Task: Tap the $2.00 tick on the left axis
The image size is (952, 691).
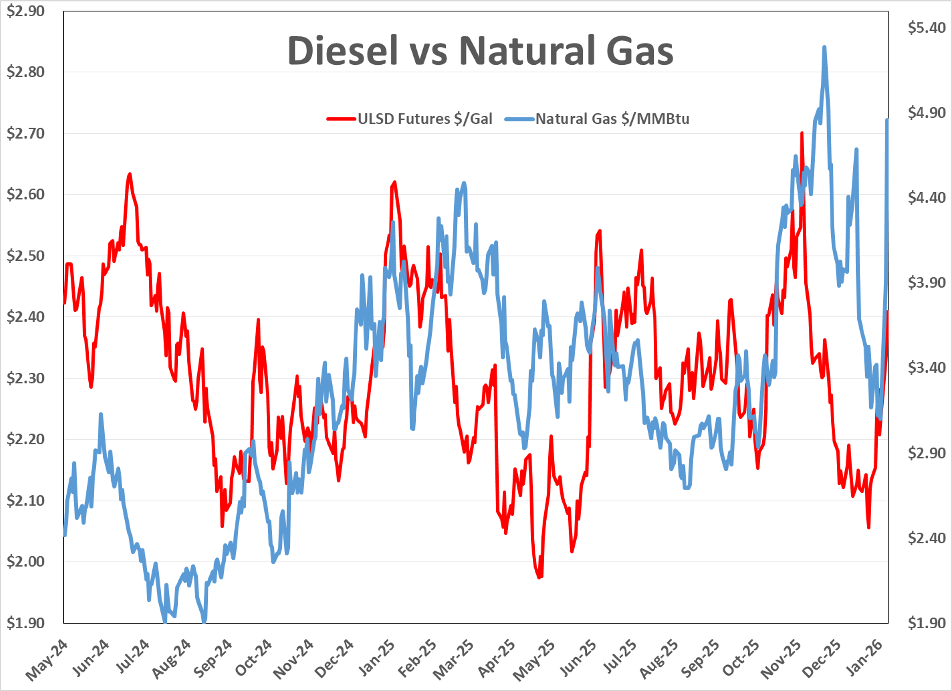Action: pos(25,562)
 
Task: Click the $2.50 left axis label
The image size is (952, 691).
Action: pos(25,256)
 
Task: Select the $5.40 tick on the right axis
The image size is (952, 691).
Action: pos(926,28)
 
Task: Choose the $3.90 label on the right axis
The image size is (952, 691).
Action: pos(926,283)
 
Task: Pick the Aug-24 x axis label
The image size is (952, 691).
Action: pos(172,660)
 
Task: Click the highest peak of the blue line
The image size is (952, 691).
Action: pos(824,47)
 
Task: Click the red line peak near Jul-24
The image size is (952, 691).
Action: pos(130,174)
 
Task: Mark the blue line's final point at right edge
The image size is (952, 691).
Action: pos(887,120)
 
